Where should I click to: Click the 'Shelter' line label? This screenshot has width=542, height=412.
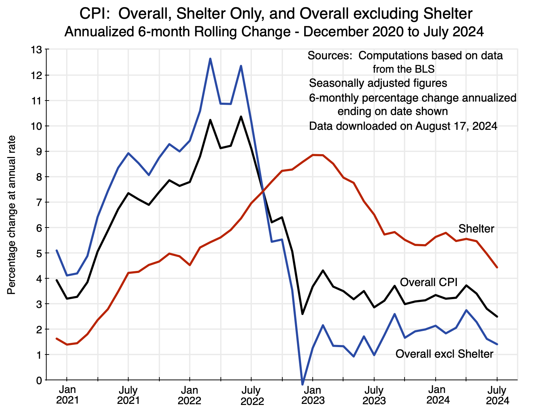(x=476, y=229)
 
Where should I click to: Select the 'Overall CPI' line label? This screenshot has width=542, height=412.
(x=429, y=282)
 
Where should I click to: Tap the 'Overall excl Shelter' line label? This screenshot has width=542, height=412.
(x=444, y=354)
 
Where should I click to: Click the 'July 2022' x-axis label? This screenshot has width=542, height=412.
(x=251, y=396)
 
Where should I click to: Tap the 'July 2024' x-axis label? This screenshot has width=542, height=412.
(x=497, y=395)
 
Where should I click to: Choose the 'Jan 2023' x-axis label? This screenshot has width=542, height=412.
(x=313, y=395)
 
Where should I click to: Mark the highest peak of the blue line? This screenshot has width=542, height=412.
(x=210, y=59)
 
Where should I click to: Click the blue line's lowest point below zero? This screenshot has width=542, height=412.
(x=302, y=384)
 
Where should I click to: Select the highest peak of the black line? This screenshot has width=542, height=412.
(x=241, y=116)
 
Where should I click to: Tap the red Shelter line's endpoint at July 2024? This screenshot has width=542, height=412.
(x=497, y=267)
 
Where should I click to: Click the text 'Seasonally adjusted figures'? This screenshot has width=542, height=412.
(x=378, y=83)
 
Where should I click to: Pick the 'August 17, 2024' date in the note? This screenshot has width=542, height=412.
(x=456, y=126)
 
